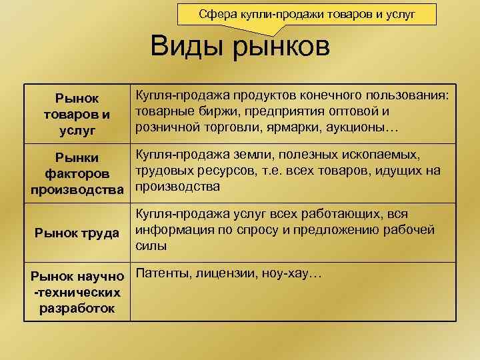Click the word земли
coord(255,155)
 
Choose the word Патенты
coord(161,273)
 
